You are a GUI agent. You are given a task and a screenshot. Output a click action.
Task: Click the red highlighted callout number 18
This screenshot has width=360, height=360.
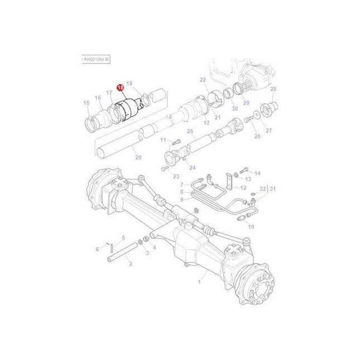click(119, 87)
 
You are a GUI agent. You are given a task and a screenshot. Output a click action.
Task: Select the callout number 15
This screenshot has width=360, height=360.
click(86, 103)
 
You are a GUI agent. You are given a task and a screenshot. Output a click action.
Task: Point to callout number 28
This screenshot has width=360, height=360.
click(273, 89)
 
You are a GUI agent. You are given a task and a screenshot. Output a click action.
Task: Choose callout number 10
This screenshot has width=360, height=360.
click(251, 227)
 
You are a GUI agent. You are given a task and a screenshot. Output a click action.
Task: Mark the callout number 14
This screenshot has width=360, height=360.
click(257, 173)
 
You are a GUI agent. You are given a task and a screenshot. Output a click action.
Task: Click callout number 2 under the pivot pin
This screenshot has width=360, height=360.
click(130, 263)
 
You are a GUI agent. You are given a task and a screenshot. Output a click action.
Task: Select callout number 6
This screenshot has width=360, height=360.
click(97, 249)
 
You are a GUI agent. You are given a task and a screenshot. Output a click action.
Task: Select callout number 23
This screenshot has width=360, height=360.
click(176, 176)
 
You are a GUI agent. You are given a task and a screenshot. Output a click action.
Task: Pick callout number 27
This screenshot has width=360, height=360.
click(268, 130)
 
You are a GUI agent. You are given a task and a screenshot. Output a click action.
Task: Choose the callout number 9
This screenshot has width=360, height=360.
click(181, 199)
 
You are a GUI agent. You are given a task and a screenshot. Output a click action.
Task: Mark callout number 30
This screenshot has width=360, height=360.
click(234, 108)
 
